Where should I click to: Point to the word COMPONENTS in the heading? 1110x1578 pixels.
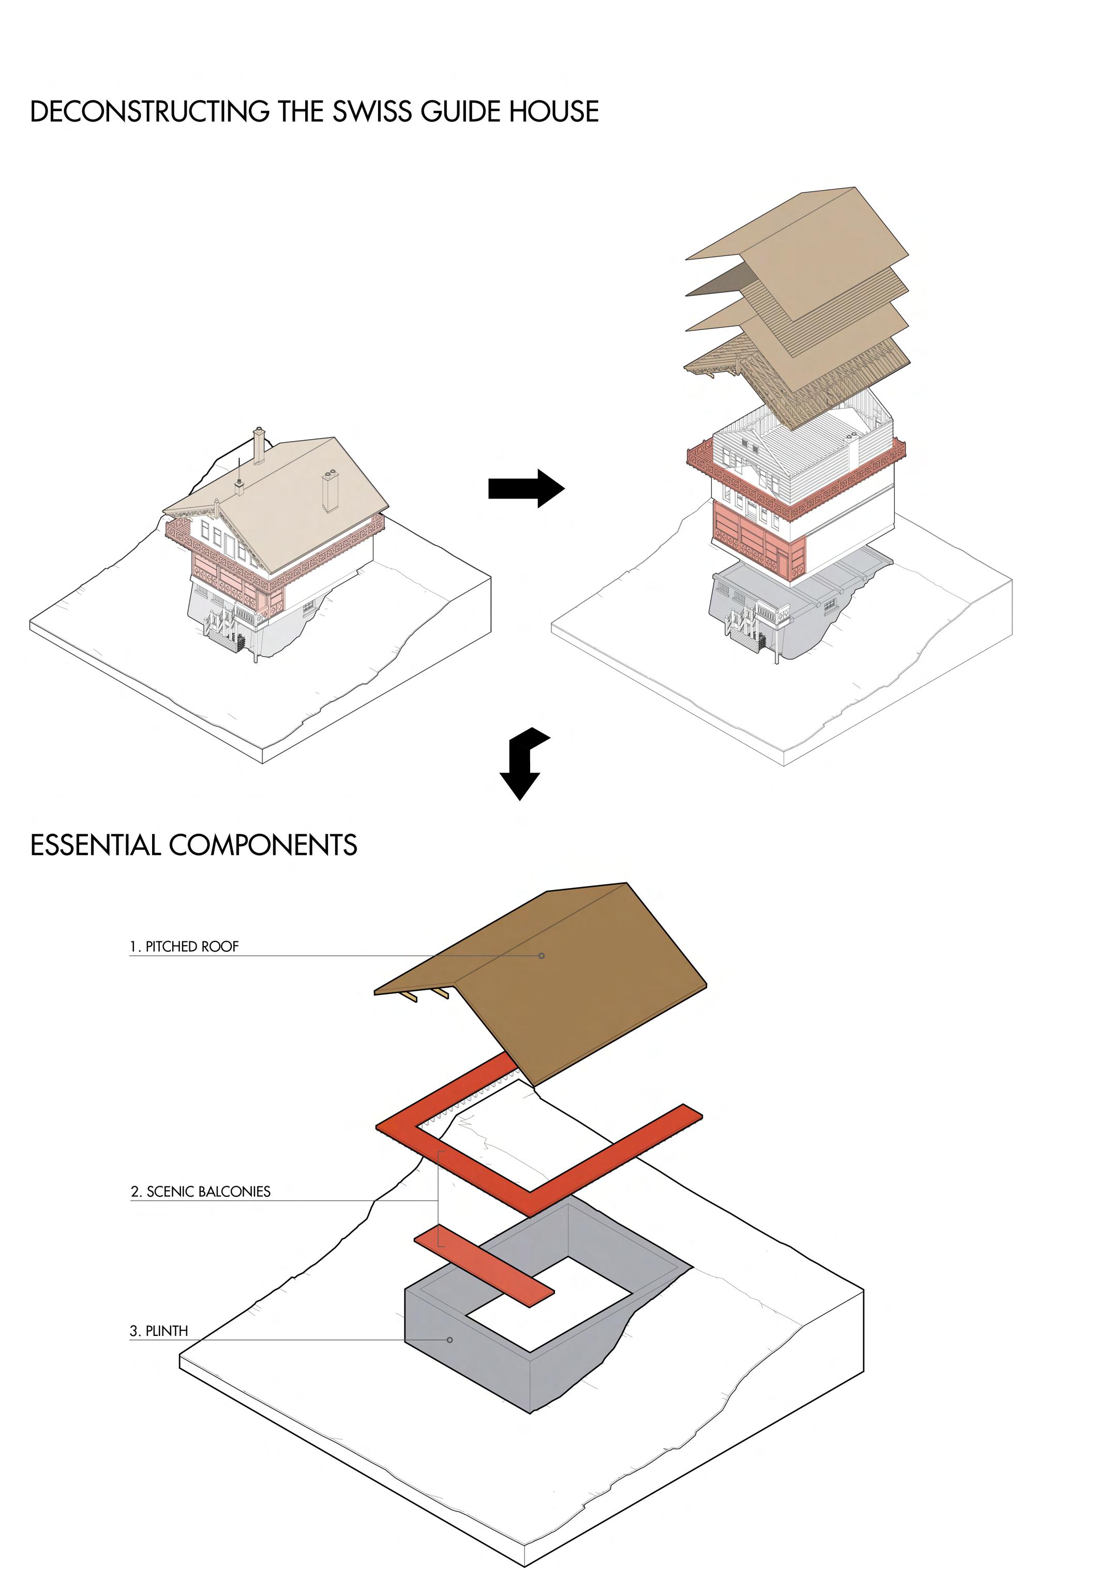coord(263,845)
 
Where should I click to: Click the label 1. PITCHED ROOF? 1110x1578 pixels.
coord(184,946)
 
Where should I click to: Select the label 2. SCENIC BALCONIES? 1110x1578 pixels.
coord(201,1192)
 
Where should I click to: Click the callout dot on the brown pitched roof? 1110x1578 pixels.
coord(542,956)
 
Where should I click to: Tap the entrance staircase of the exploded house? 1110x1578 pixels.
coord(741,627)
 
